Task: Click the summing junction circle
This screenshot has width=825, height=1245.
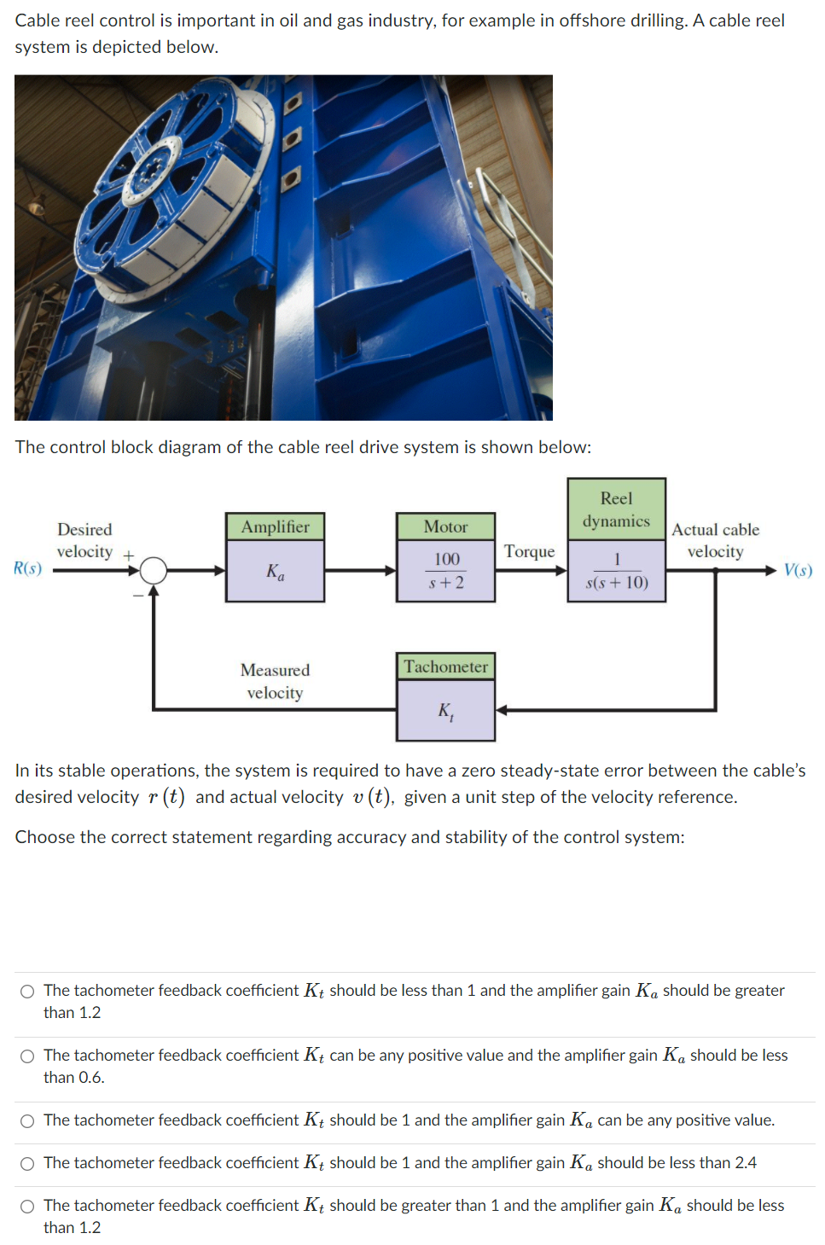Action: click(154, 570)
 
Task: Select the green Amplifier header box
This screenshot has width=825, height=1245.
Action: click(275, 527)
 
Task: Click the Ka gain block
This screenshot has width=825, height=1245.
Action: click(275, 572)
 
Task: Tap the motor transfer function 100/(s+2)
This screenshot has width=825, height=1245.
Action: click(445, 571)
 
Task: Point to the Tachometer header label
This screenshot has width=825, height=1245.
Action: click(445, 666)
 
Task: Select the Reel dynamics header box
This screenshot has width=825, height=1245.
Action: click(616, 509)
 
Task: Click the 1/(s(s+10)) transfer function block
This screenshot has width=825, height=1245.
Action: click(616, 571)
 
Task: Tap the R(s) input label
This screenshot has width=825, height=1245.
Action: click(28, 568)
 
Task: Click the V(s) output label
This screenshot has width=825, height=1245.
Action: click(798, 570)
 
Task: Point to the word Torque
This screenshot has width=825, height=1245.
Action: click(529, 551)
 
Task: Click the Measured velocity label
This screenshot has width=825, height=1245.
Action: click(275, 681)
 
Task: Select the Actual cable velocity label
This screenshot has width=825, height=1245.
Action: click(715, 540)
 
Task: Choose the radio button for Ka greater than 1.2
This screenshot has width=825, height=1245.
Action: click(28, 991)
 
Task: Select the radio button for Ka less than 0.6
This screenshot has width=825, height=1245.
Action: click(28, 1056)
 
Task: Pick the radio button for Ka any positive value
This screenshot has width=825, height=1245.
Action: click(28, 1120)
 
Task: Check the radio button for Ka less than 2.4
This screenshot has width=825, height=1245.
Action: click(28, 1163)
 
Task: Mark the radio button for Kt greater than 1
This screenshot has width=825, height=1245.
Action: click(28, 1206)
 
